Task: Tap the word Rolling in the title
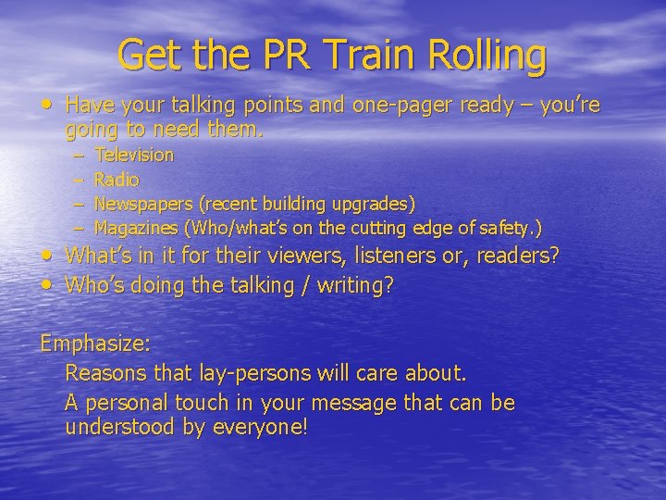point(494,55)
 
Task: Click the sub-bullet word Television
point(134,155)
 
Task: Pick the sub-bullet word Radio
point(117,179)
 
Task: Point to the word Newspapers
point(145,203)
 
